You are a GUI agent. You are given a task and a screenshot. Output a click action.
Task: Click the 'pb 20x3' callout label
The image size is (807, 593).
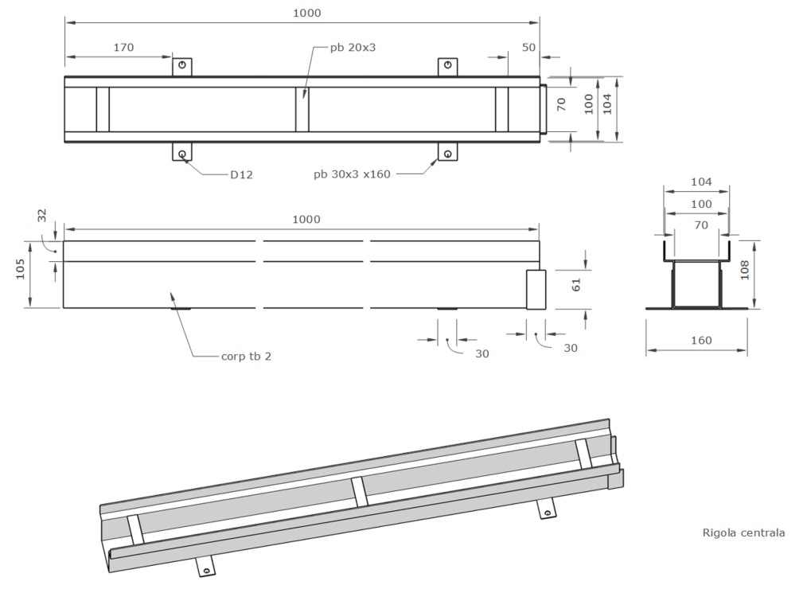tap(353, 47)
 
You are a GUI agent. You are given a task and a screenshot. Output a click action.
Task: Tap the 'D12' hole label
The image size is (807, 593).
tap(241, 174)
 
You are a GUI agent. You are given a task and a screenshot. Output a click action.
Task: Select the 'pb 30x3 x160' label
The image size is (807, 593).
tap(352, 174)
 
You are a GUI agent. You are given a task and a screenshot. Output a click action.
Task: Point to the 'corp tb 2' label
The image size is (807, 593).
tap(246, 357)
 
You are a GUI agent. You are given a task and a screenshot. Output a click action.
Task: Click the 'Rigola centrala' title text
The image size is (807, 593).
tap(743, 533)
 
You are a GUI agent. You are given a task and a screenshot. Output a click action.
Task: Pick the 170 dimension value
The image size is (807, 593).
tap(123, 47)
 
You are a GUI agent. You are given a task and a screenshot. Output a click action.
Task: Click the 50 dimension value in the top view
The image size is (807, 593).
tap(528, 47)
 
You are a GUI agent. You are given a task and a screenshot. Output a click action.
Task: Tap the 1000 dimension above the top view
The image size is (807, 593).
tap(306, 13)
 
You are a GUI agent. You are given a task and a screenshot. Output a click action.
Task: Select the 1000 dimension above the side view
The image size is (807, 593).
tap(306, 219)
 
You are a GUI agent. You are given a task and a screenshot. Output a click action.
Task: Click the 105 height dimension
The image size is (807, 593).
tap(20, 269)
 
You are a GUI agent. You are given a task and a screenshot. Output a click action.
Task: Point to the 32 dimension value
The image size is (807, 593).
tap(41, 215)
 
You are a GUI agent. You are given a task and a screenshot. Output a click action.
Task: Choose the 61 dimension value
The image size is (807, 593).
tap(576, 285)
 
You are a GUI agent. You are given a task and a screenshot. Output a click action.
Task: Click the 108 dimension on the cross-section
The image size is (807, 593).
tap(744, 270)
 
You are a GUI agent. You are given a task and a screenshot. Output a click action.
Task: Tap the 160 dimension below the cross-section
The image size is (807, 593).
tap(701, 340)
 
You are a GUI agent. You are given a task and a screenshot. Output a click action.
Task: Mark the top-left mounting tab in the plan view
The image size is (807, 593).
tap(181, 67)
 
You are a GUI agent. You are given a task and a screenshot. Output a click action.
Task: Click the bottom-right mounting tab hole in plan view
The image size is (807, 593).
tap(448, 154)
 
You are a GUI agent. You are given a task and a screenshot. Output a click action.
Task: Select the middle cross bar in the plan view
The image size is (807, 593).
tap(302, 110)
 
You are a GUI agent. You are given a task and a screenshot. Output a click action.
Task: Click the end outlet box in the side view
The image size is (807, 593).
tap(536, 290)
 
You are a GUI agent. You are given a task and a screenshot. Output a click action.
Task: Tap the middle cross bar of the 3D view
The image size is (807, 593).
tap(359, 492)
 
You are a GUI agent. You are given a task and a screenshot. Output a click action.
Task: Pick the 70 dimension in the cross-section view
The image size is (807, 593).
tap(701, 225)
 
